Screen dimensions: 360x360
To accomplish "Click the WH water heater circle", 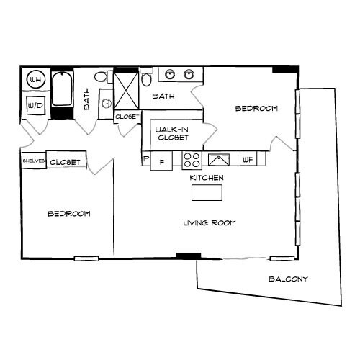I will (x=35, y=78).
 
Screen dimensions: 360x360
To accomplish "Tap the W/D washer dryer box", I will (x=35, y=104).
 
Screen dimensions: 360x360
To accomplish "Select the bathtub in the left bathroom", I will (x=62, y=94).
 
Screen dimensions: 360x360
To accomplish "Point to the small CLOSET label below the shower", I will (x=127, y=116).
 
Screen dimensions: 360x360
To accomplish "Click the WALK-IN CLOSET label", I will (x=171, y=133).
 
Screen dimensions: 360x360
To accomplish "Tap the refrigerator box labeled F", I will (x=161, y=161).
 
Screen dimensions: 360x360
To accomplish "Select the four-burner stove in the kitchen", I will (x=192, y=160).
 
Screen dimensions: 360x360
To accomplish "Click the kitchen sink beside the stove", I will (x=218, y=160).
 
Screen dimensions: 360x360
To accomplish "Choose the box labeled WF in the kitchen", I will (x=248, y=160).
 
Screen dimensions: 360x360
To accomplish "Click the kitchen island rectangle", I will (x=207, y=192).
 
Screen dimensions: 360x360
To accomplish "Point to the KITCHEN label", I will (x=207, y=177).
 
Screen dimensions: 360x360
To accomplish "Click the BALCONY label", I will (x=288, y=279).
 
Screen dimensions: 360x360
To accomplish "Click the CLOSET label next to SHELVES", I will (x=66, y=162).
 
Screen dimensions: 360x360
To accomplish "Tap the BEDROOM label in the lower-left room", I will (x=68, y=214).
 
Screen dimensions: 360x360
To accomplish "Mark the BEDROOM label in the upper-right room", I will (x=257, y=109).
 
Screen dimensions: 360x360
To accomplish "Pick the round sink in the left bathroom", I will (x=106, y=103).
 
